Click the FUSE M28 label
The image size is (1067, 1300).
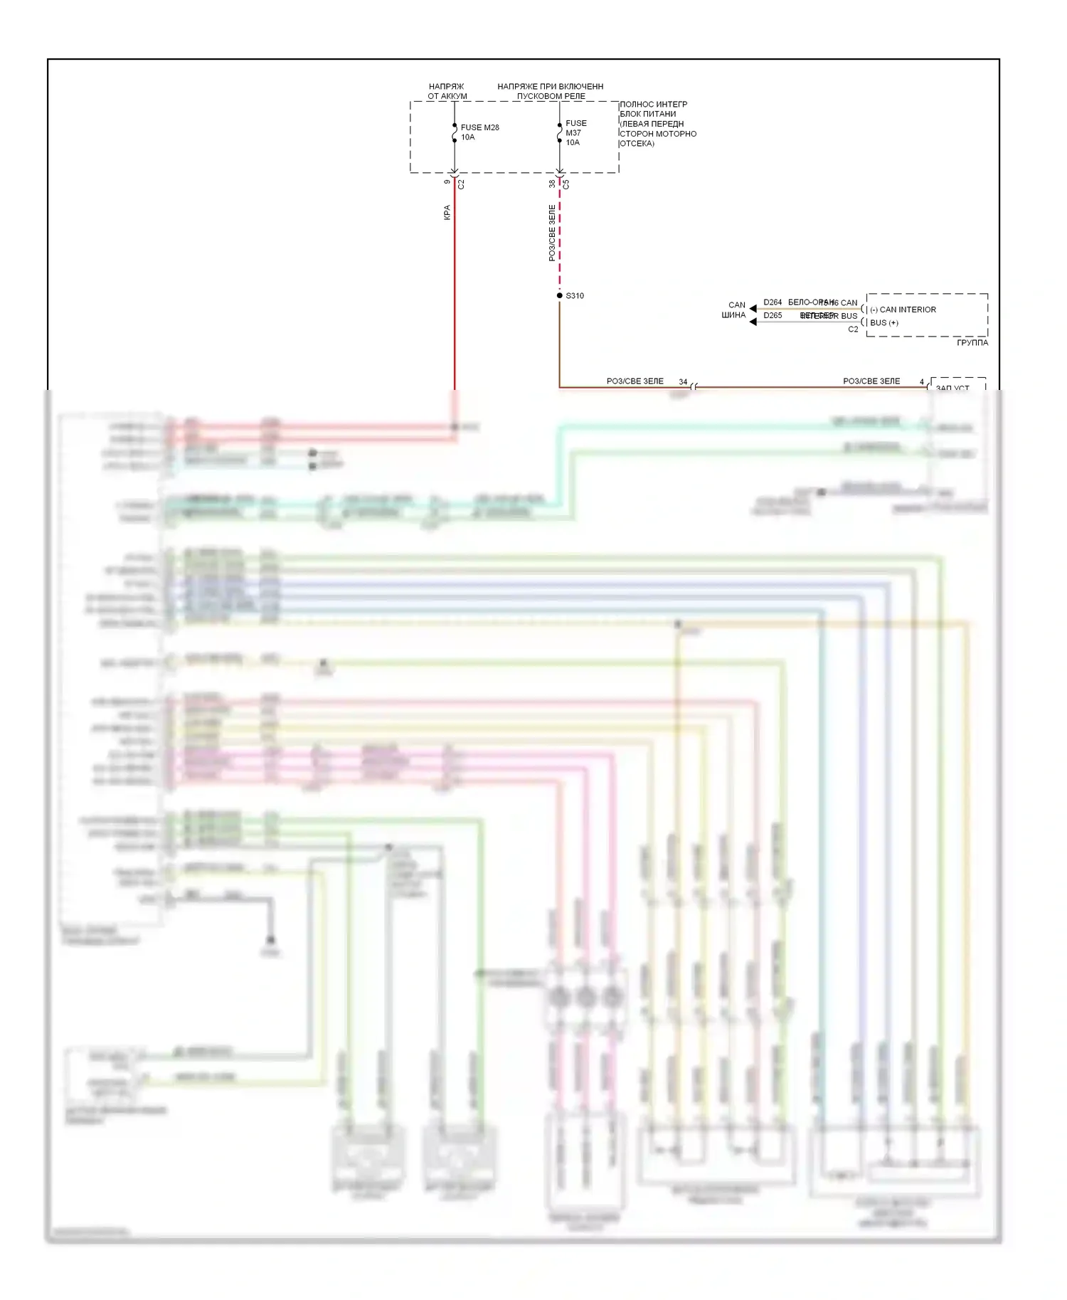tap(479, 127)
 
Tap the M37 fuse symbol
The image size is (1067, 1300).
tap(560, 133)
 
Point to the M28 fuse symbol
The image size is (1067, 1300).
tap(455, 133)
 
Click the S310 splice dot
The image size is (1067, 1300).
tap(560, 295)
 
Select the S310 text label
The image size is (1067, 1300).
tap(575, 296)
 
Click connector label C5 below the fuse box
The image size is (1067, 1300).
tap(567, 184)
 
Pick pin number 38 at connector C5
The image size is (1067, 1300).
tap(552, 184)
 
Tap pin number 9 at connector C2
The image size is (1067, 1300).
tap(447, 182)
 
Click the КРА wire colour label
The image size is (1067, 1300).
tap(447, 212)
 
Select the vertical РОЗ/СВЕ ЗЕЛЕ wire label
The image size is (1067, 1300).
tap(552, 233)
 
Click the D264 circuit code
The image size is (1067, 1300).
tap(773, 302)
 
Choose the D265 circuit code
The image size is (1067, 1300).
tap(773, 316)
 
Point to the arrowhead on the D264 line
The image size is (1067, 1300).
tap(753, 308)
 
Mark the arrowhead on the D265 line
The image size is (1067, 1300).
tap(753, 322)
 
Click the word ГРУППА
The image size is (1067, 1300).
tap(972, 343)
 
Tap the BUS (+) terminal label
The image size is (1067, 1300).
tap(884, 323)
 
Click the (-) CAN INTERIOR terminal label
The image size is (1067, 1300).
tap(903, 310)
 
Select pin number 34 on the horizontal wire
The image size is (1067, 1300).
tap(683, 382)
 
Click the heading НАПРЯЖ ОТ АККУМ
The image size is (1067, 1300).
tap(447, 91)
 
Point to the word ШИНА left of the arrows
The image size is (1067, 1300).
tap(733, 315)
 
